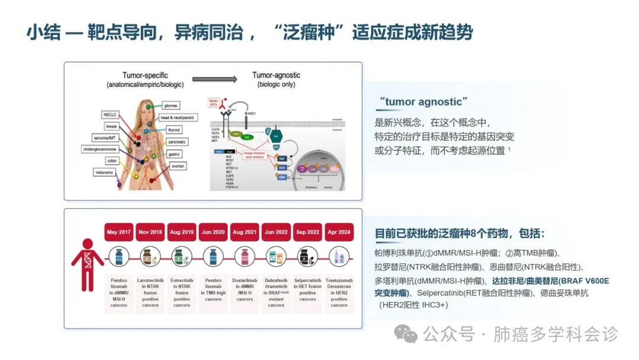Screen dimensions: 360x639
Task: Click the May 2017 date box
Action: coord(119,232)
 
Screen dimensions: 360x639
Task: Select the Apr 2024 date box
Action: coord(339,232)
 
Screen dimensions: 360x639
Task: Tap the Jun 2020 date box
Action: coord(214,232)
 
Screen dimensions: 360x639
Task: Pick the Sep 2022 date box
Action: coord(308,232)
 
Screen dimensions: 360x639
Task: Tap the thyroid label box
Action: coord(174,130)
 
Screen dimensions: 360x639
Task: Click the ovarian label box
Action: coord(177,166)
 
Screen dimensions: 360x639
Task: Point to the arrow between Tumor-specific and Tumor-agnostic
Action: coord(214,79)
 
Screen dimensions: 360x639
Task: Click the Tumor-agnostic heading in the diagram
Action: coord(276,75)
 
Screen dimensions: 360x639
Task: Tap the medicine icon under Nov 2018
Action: coord(150,256)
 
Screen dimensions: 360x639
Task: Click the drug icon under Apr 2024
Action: coord(339,256)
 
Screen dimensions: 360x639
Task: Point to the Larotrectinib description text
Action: coord(150,291)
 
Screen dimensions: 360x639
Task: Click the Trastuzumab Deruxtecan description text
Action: coord(339,291)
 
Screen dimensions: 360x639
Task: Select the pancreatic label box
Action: coord(176,142)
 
